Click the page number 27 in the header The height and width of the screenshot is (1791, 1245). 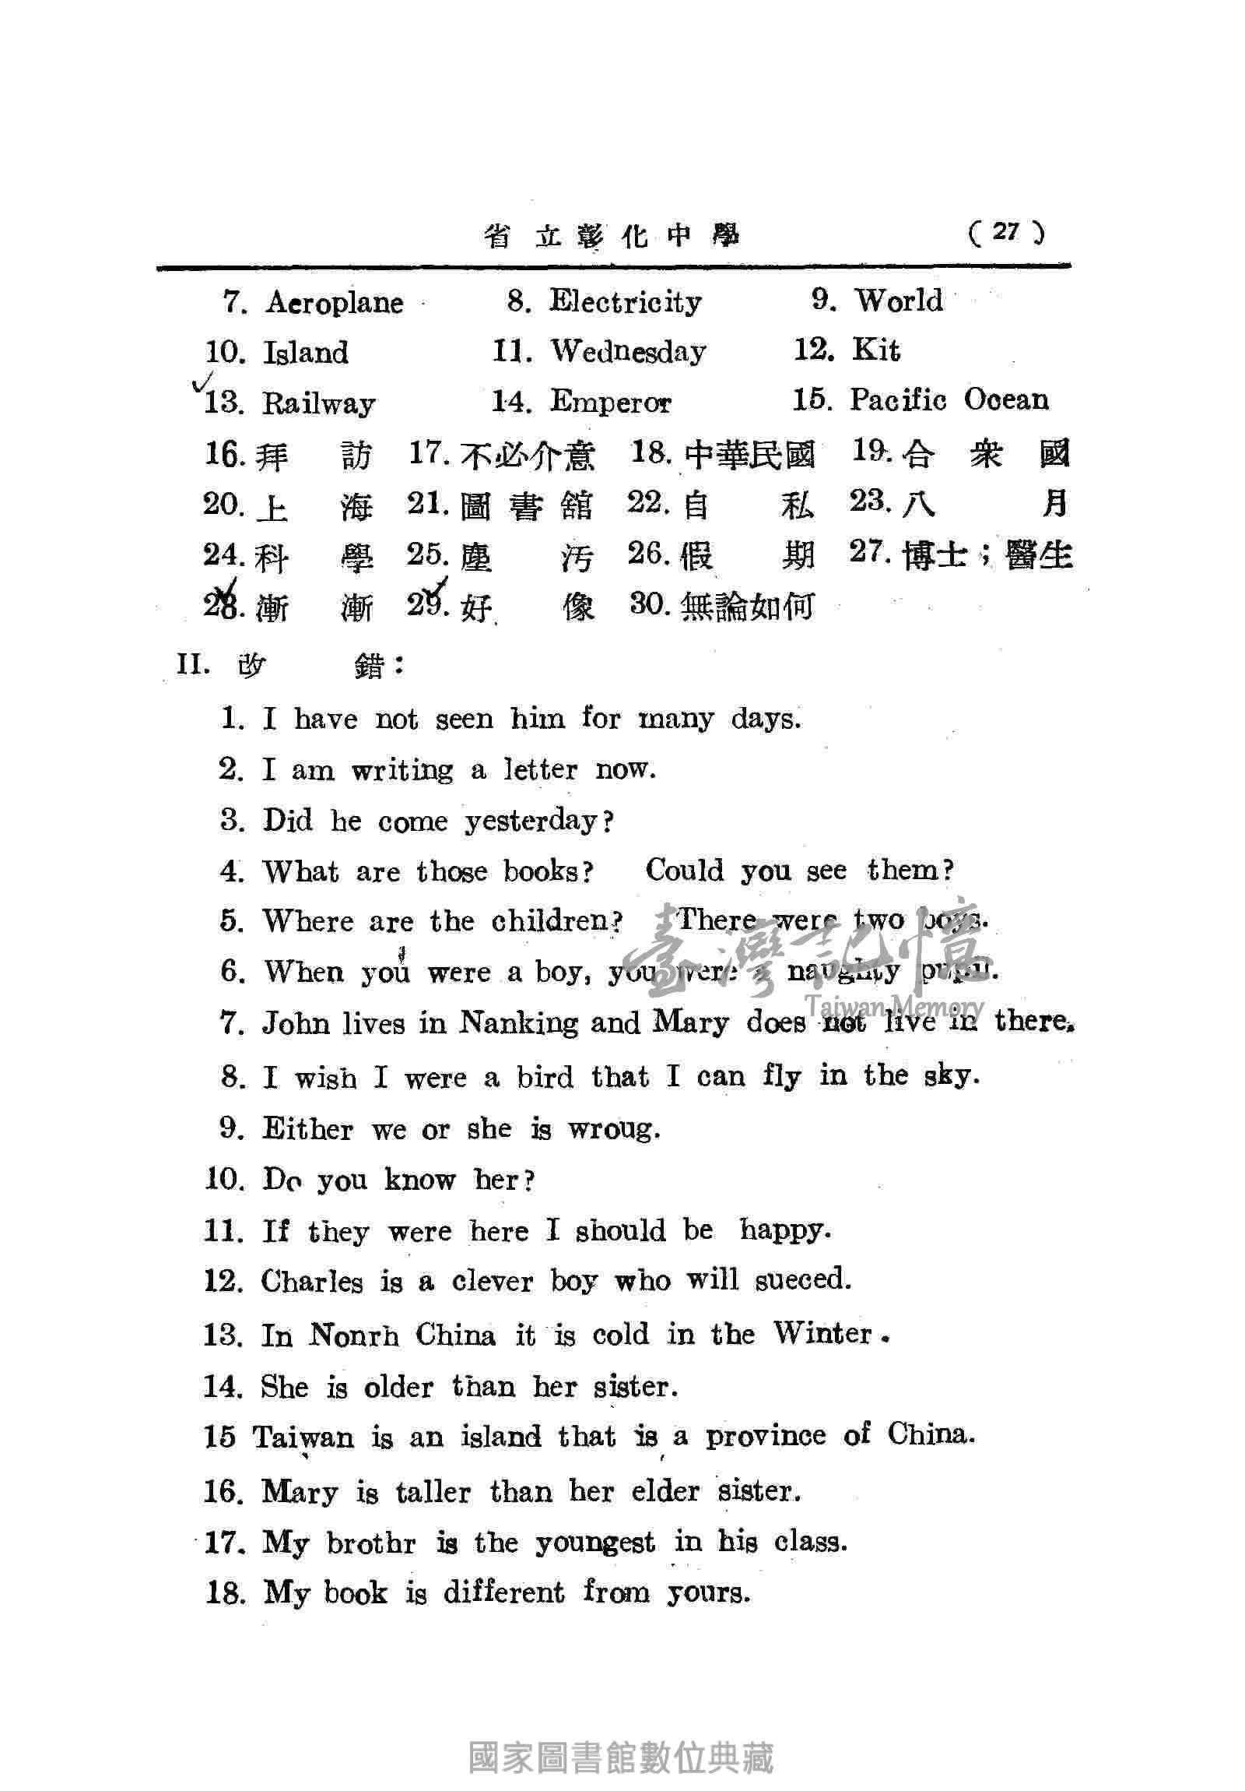(x=1005, y=232)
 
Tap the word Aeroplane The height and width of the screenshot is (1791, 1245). (x=335, y=303)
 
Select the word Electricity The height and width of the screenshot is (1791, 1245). (x=626, y=301)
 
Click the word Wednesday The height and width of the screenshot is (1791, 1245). (x=629, y=352)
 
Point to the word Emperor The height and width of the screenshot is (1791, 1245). (x=610, y=403)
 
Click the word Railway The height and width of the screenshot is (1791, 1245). (x=319, y=403)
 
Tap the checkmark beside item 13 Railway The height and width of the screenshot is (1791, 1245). (x=202, y=383)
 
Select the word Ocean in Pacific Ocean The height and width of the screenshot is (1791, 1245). (x=1006, y=399)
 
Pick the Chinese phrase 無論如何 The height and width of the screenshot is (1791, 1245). (x=747, y=606)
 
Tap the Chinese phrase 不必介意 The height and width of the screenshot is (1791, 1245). (x=528, y=455)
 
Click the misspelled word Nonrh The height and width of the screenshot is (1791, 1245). (x=354, y=1335)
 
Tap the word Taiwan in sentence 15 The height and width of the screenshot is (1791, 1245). (x=303, y=1436)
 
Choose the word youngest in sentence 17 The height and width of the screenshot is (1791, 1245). (x=594, y=1542)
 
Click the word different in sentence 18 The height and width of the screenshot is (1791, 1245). (x=503, y=1593)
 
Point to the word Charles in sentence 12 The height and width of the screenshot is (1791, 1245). (x=312, y=1282)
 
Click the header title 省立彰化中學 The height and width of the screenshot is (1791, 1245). (x=611, y=236)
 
